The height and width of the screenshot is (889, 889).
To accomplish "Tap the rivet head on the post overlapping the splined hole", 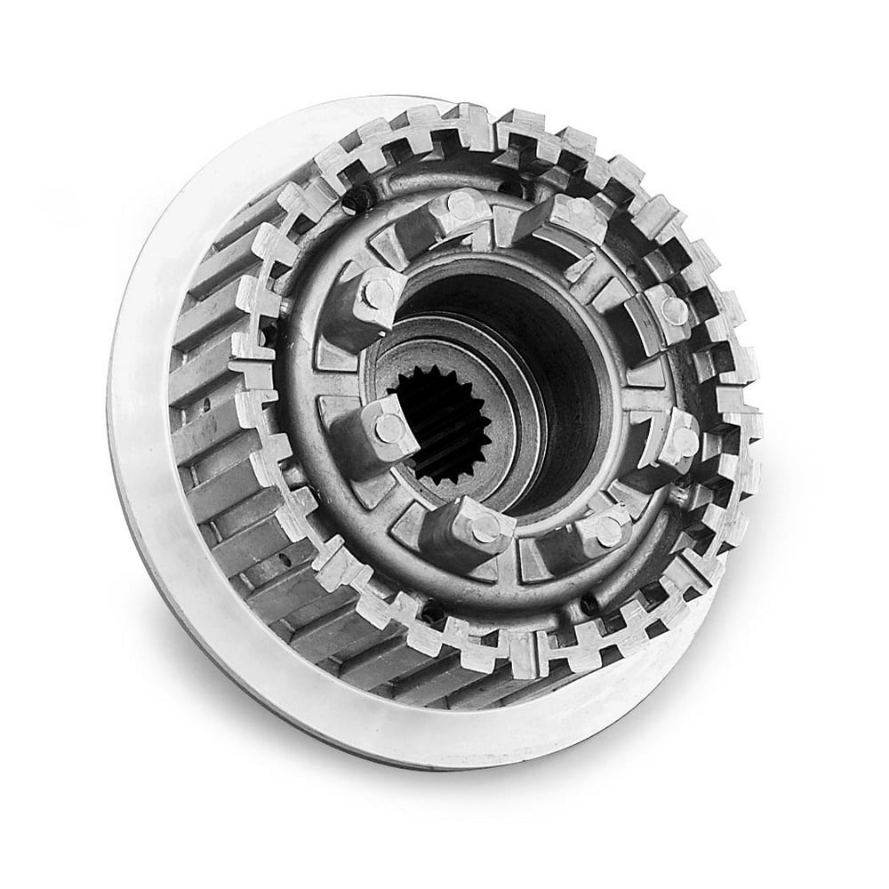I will coord(388,427).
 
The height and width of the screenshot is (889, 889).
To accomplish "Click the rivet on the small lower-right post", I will coord(609,531).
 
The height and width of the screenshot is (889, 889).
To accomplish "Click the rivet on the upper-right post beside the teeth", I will coord(675,309).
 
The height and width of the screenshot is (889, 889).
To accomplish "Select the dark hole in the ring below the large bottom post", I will coord(433,613).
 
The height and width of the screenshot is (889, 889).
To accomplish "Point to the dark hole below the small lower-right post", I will coord(589,605).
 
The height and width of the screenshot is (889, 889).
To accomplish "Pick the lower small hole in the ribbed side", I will coord(284,558).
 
